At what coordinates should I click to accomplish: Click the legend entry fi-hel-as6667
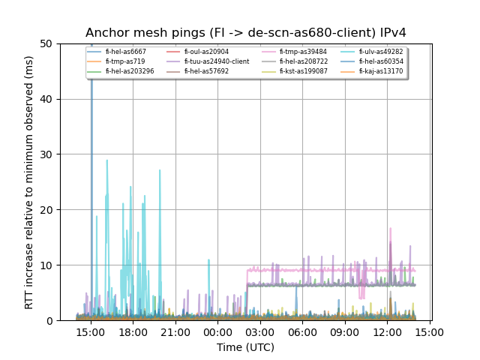tap(125, 52)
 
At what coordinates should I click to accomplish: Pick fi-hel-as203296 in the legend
tap(130, 71)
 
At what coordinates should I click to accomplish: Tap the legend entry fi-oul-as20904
tap(206, 52)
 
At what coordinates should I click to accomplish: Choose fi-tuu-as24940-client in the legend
tap(217, 61)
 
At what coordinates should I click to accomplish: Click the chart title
tap(246, 33)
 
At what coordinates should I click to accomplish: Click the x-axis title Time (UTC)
tap(246, 347)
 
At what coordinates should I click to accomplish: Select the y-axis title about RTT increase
tap(29, 182)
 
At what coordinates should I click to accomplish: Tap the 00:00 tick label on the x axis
tap(218, 331)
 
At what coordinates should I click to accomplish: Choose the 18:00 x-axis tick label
tap(133, 331)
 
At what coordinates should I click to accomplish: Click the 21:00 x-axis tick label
tap(175, 331)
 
